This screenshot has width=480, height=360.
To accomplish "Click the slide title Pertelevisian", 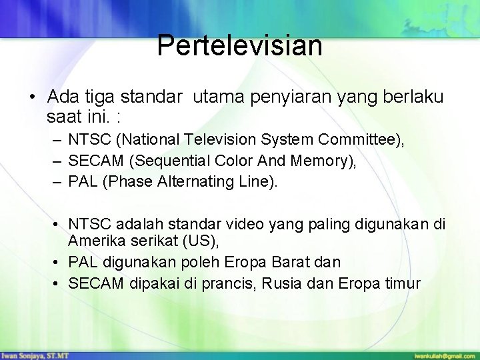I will click(x=240, y=46).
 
